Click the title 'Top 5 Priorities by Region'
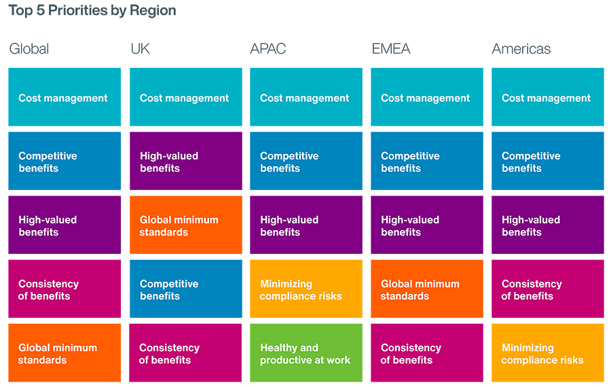click(x=92, y=11)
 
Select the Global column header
click(x=29, y=49)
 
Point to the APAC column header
click(x=268, y=49)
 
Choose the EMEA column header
click(x=391, y=49)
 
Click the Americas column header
click(x=521, y=49)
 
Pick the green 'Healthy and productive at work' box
click(x=306, y=353)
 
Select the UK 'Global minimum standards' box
click(x=185, y=225)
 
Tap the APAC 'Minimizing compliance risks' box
click(x=306, y=289)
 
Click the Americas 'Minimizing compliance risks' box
click(x=547, y=353)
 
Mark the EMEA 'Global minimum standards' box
click(x=427, y=289)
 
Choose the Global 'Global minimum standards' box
click(x=64, y=353)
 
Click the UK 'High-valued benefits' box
click(x=185, y=162)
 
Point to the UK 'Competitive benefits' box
click(x=185, y=289)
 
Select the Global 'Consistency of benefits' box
click(x=64, y=289)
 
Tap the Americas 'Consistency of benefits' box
click(x=547, y=289)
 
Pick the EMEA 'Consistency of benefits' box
click(x=427, y=353)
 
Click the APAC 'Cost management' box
click(x=306, y=97)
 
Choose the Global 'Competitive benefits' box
click(x=64, y=162)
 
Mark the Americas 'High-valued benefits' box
click(x=547, y=225)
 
